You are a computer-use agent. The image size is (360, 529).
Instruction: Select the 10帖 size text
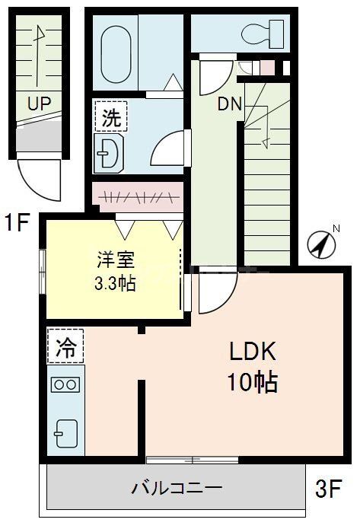pyautogui.click(x=252, y=381)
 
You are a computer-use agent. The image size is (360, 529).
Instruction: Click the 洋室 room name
pyautogui.click(x=115, y=260)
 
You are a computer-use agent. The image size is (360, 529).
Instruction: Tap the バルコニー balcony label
pyautogui.click(x=176, y=488)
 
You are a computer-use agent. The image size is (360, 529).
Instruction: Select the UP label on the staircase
pyautogui.click(x=37, y=104)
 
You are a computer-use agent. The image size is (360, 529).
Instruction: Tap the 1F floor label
pyautogui.click(x=17, y=224)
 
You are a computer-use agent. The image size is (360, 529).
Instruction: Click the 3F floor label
pyautogui.click(x=330, y=488)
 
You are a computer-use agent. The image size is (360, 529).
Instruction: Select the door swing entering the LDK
pyautogui.click(x=215, y=293)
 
